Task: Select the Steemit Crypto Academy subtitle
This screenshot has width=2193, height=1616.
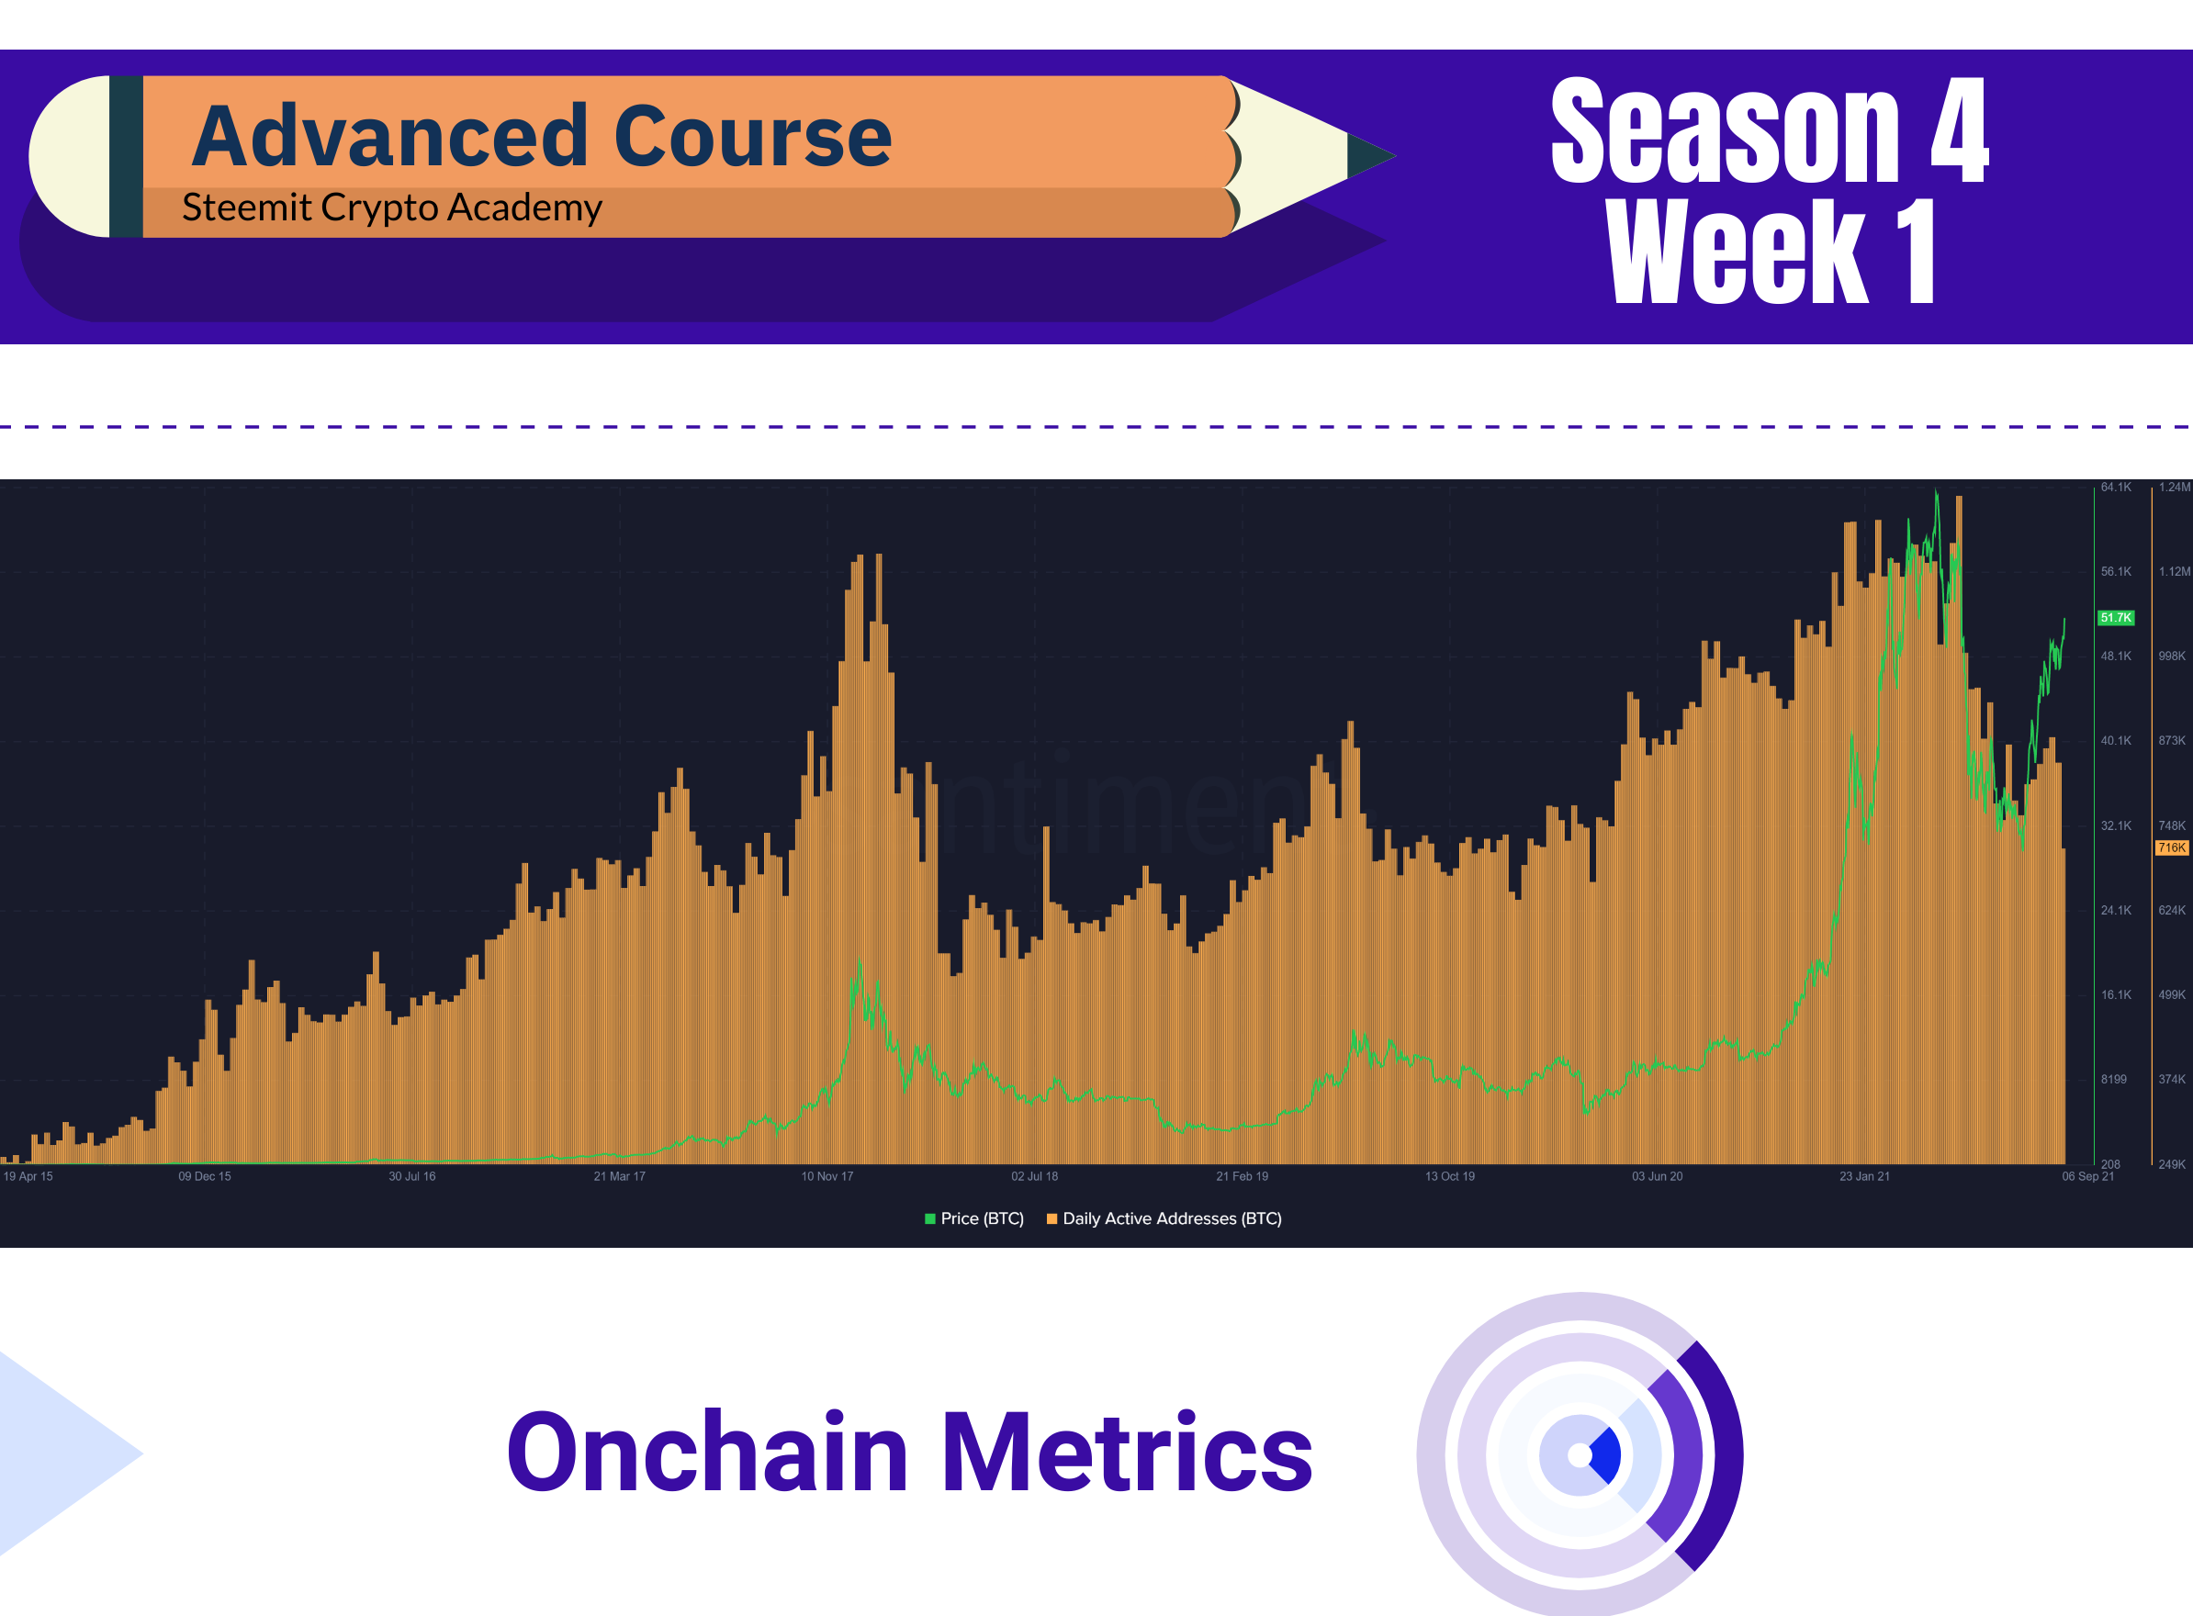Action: (392, 208)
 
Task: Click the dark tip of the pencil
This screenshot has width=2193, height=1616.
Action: (1370, 155)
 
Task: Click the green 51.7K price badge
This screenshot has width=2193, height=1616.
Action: (2116, 617)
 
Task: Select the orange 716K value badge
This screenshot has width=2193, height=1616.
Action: (2172, 847)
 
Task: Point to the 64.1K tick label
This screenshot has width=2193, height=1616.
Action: (2116, 488)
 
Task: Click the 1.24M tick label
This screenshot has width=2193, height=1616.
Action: (2175, 488)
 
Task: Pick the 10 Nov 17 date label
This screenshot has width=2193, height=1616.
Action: (827, 1176)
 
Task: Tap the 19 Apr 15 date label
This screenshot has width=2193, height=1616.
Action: (28, 1176)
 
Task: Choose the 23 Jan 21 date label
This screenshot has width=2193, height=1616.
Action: (1864, 1176)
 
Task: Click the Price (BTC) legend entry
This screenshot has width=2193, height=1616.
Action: (974, 1218)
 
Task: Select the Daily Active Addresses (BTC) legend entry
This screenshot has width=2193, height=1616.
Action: (1164, 1218)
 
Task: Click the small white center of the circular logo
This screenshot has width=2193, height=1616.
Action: (1580, 1455)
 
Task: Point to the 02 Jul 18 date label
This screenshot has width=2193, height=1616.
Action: (1034, 1176)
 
